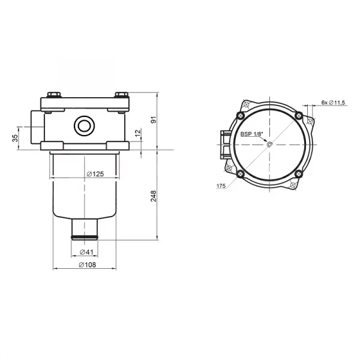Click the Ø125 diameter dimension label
[x=95, y=174]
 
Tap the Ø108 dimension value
[x=89, y=265]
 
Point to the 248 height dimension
[x=154, y=196]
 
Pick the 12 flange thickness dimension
[x=137, y=133]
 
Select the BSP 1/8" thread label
[x=251, y=134]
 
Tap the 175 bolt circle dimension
[x=220, y=187]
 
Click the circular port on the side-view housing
[x=82, y=126]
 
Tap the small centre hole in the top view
[x=269, y=144]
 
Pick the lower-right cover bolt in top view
[x=298, y=173]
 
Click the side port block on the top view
[x=223, y=145]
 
